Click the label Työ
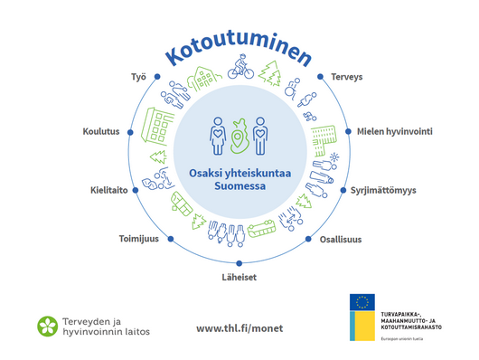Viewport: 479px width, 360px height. point(137,78)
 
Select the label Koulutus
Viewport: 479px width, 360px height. point(100,132)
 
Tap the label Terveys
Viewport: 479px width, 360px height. point(346,78)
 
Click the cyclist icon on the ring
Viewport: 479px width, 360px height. point(241,68)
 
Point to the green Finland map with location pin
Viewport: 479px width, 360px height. point(239,136)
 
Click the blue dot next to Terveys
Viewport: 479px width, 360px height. point(322,78)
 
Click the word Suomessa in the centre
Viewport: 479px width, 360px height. point(239,187)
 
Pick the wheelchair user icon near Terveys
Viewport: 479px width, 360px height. point(291,89)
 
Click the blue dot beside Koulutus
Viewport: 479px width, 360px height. point(131,132)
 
